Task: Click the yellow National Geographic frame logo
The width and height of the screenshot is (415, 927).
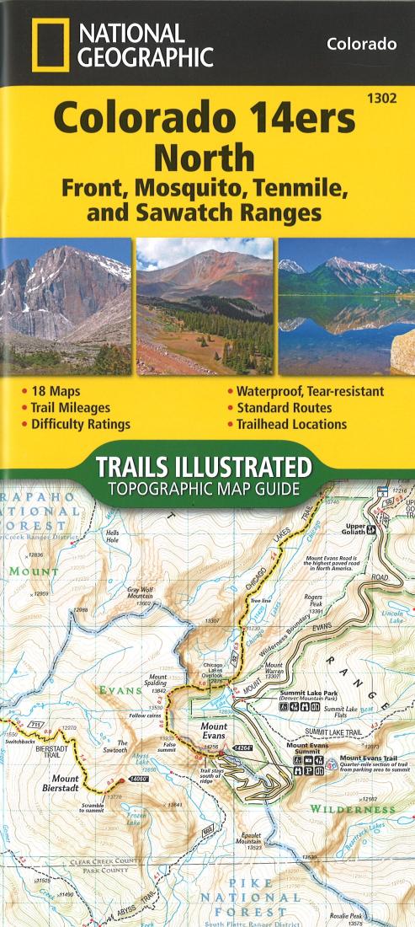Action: (50, 46)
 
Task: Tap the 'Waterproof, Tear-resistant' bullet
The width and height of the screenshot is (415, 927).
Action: (310, 391)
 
